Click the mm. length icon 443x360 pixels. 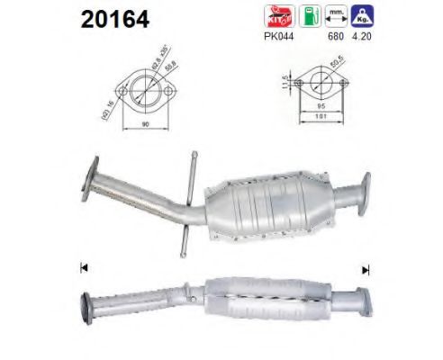tap(338, 16)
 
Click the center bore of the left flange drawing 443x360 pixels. tap(144, 90)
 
